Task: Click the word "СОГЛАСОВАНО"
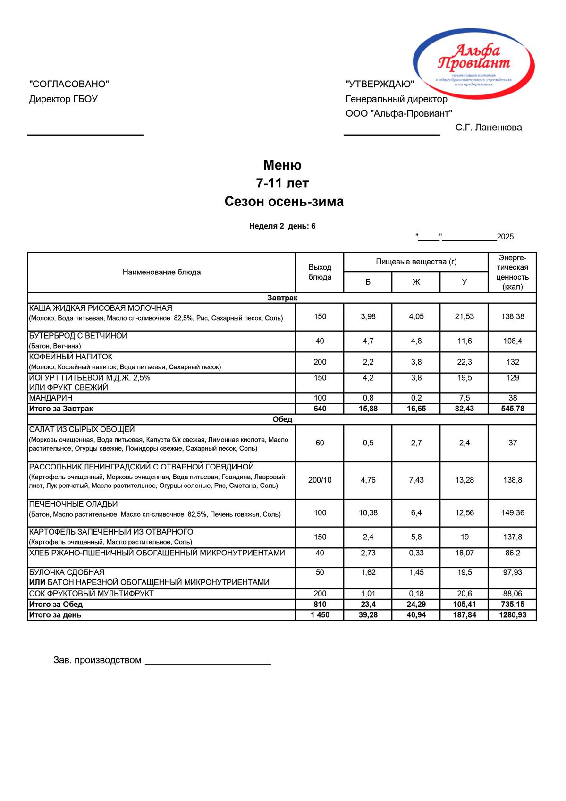pyautogui.click(x=69, y=84)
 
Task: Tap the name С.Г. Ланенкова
pyautogui.click(x=489, y=128)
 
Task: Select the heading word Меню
pyautogui.click(x=282, y=165)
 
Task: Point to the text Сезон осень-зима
pyautogui.click(x=284, y=202)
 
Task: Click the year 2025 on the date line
pyautogui.click(x=505, y=237)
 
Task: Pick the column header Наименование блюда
pyautogui.click(x=161, y=272)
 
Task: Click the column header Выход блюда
pyautogui.click(x=320, y=272)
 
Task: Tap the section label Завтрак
pyautogui.click(x=282, y=298)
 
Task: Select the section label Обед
pyautogui.click(x=282, y=419)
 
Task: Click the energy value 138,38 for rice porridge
pyautogui.click(x=512, y=316)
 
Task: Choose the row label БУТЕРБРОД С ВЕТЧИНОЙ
pyautogui.click(x=78, y=336)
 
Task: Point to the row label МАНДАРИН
pyautogui.click(x=51, y=398)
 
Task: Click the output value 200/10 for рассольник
pyautogui.click(x=320, y=480)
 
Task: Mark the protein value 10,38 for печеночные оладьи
pyautogui.click(x=368, y=512)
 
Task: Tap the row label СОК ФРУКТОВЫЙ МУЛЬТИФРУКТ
pyautogui.click(x=92, y=594)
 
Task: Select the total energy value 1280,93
pyautogui.click(x=512, y=615)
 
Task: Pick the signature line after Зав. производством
pyautogui.click(x=208, y=664)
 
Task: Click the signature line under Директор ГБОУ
pyautogui.click(x=85, y=135)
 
